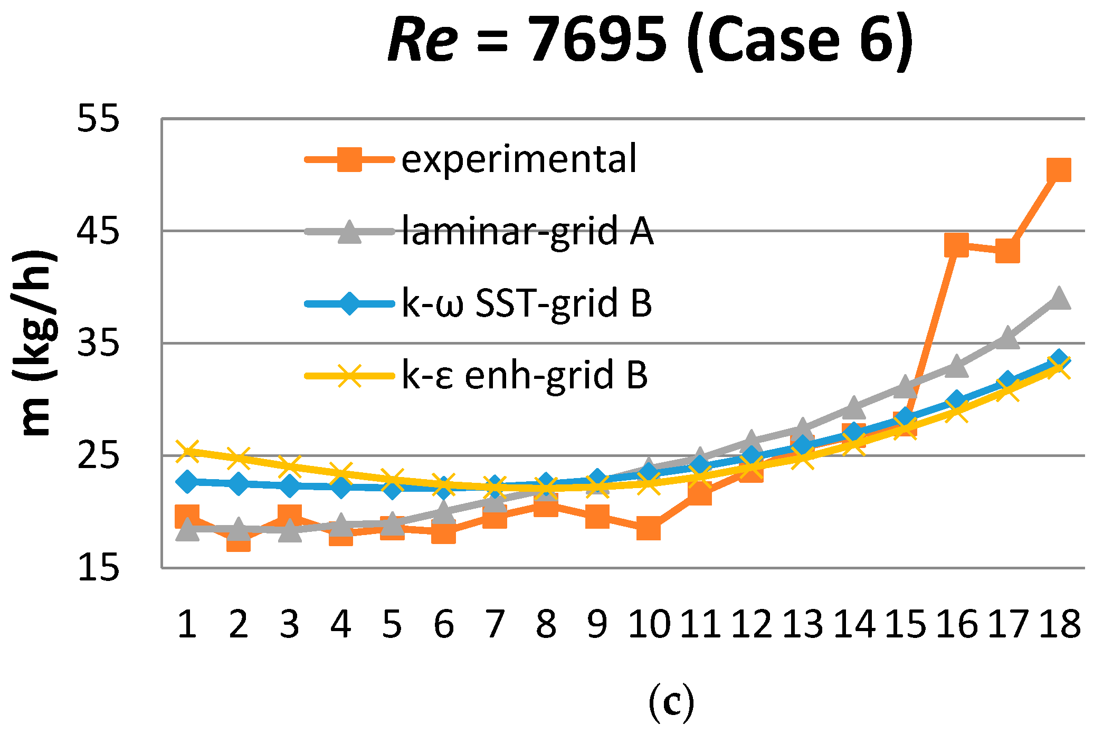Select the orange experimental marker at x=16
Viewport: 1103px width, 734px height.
click(956, 245)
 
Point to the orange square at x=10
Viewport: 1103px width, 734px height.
click(648, 528)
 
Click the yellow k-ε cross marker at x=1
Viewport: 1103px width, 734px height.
click(187, 451)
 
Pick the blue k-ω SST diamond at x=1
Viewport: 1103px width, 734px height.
click(187, 481)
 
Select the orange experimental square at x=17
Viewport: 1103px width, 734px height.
click(1007, 251)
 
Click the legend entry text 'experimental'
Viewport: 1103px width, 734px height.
click(519, 159)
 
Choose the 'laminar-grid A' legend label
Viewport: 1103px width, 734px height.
click(527, 231)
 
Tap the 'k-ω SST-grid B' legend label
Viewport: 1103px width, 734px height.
click(526, 303)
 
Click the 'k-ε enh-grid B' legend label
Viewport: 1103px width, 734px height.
click(524, 375)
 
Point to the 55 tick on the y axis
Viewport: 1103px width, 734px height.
click(98, 118)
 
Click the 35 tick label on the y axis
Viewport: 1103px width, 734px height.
click(98, 344)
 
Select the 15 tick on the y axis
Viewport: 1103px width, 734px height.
click(98, 568)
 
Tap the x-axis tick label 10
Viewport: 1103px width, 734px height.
click(649, 624)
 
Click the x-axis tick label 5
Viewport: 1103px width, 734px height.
click(392, 624)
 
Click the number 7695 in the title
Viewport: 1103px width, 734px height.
click(598, 40)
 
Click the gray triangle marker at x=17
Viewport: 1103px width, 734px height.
click(1007, 338)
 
